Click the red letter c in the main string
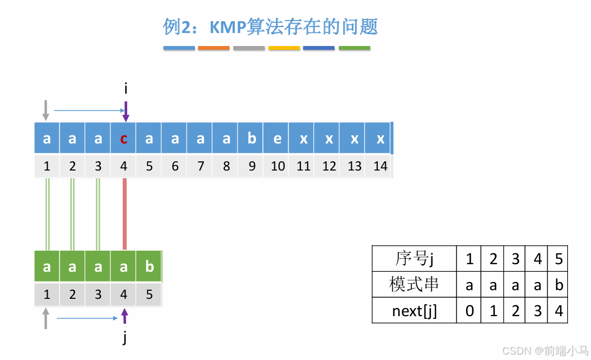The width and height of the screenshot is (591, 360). click(x=124, y=139)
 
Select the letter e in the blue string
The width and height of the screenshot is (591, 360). click(x=278, y=139)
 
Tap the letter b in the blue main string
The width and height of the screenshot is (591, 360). click(x=252, y=139)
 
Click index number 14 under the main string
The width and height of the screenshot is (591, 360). click(x=380, y=166)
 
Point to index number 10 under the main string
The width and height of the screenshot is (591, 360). click(x=278, y=166)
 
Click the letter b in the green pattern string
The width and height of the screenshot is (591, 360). click(x=149, y=266)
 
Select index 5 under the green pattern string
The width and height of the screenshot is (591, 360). click(x=149, y=295)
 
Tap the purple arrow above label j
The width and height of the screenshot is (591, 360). click(x=125, y=316)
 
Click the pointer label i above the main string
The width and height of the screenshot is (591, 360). click(x=126, y=89)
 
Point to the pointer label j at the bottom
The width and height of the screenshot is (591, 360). click(x=125, y=338)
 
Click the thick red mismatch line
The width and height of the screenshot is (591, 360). click(x=124, y=214)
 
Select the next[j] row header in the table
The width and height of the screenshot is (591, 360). click(x=414, y=311)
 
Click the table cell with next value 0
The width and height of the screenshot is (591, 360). click(x=469, y=311)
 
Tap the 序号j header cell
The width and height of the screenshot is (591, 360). click(x=414, y=259)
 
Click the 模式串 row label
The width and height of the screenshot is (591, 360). click(x=414, y=285)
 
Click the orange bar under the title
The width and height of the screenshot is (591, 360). click(x=214, y=48)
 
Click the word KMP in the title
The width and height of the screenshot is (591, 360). click(x=227, y=27)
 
